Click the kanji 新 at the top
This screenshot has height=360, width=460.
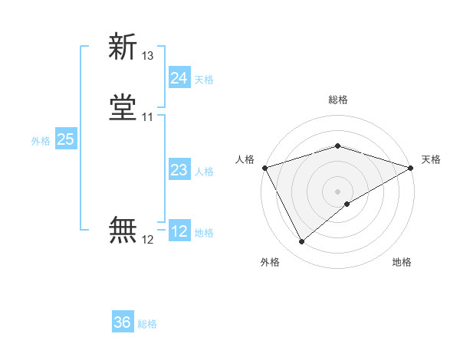point(123,47)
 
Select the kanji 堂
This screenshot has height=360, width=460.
point(123,108)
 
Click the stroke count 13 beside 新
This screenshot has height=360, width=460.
point(148,56)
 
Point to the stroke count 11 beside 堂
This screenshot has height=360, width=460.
point(148,117)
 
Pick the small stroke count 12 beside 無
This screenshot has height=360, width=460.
point(148,240)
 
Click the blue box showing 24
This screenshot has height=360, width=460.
point(179,78)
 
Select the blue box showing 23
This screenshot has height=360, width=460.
point(179,170)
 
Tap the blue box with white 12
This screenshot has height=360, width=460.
point(179,231)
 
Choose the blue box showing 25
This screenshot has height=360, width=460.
point(65,139)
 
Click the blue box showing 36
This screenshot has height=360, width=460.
point(123,322)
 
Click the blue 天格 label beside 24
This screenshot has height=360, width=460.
point(204,80)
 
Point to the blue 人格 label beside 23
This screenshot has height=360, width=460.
point(204,172)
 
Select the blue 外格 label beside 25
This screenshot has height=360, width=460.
point(41,141)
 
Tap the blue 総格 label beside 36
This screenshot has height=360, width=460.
point(147,324)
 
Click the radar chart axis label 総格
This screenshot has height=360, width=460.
point(337,100)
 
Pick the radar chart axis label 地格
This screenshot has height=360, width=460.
point(402,263)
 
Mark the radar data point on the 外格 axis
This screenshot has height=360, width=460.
point(301,242)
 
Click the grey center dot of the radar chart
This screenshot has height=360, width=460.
point(337,191)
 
